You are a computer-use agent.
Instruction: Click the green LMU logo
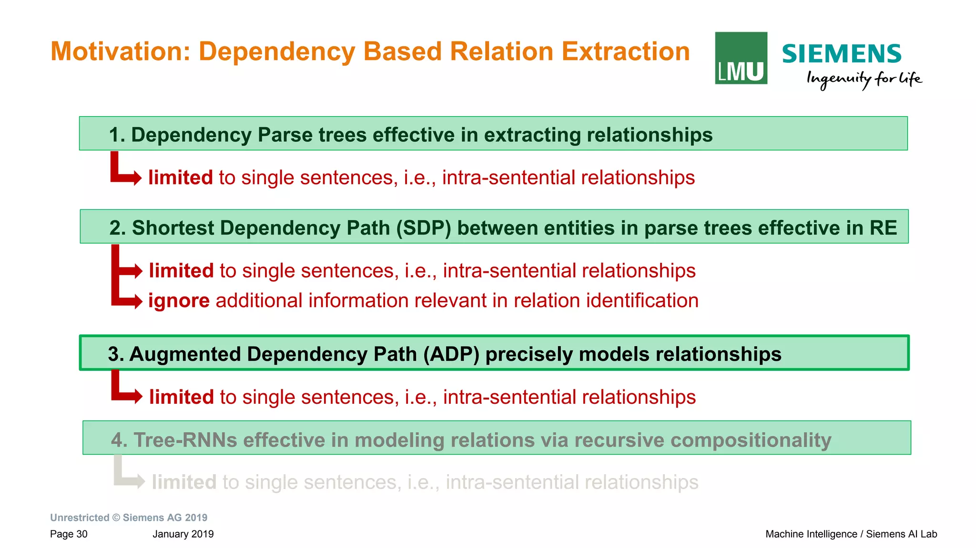click(741, 58)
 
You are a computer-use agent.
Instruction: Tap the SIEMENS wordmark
click(841, 54)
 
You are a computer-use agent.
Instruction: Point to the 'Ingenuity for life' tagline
click(864, 79)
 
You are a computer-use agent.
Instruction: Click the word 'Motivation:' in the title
click(120, 51)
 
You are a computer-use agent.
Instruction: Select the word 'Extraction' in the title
click(625, 51)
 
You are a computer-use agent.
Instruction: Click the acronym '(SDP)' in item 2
click(423, 228)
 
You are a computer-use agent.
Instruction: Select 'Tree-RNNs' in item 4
click(185, 439)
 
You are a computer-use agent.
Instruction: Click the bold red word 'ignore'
click(179, 300)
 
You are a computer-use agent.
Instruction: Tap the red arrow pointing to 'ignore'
click(128, 300)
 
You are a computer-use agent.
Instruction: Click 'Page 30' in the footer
click(69, 534)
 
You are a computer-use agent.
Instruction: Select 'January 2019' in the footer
click(183, 534)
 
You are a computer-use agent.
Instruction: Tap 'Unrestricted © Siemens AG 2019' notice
click(129, 518)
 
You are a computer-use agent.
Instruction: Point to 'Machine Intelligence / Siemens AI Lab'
click(851, 534)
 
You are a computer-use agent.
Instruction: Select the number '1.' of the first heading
click(117, 135)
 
